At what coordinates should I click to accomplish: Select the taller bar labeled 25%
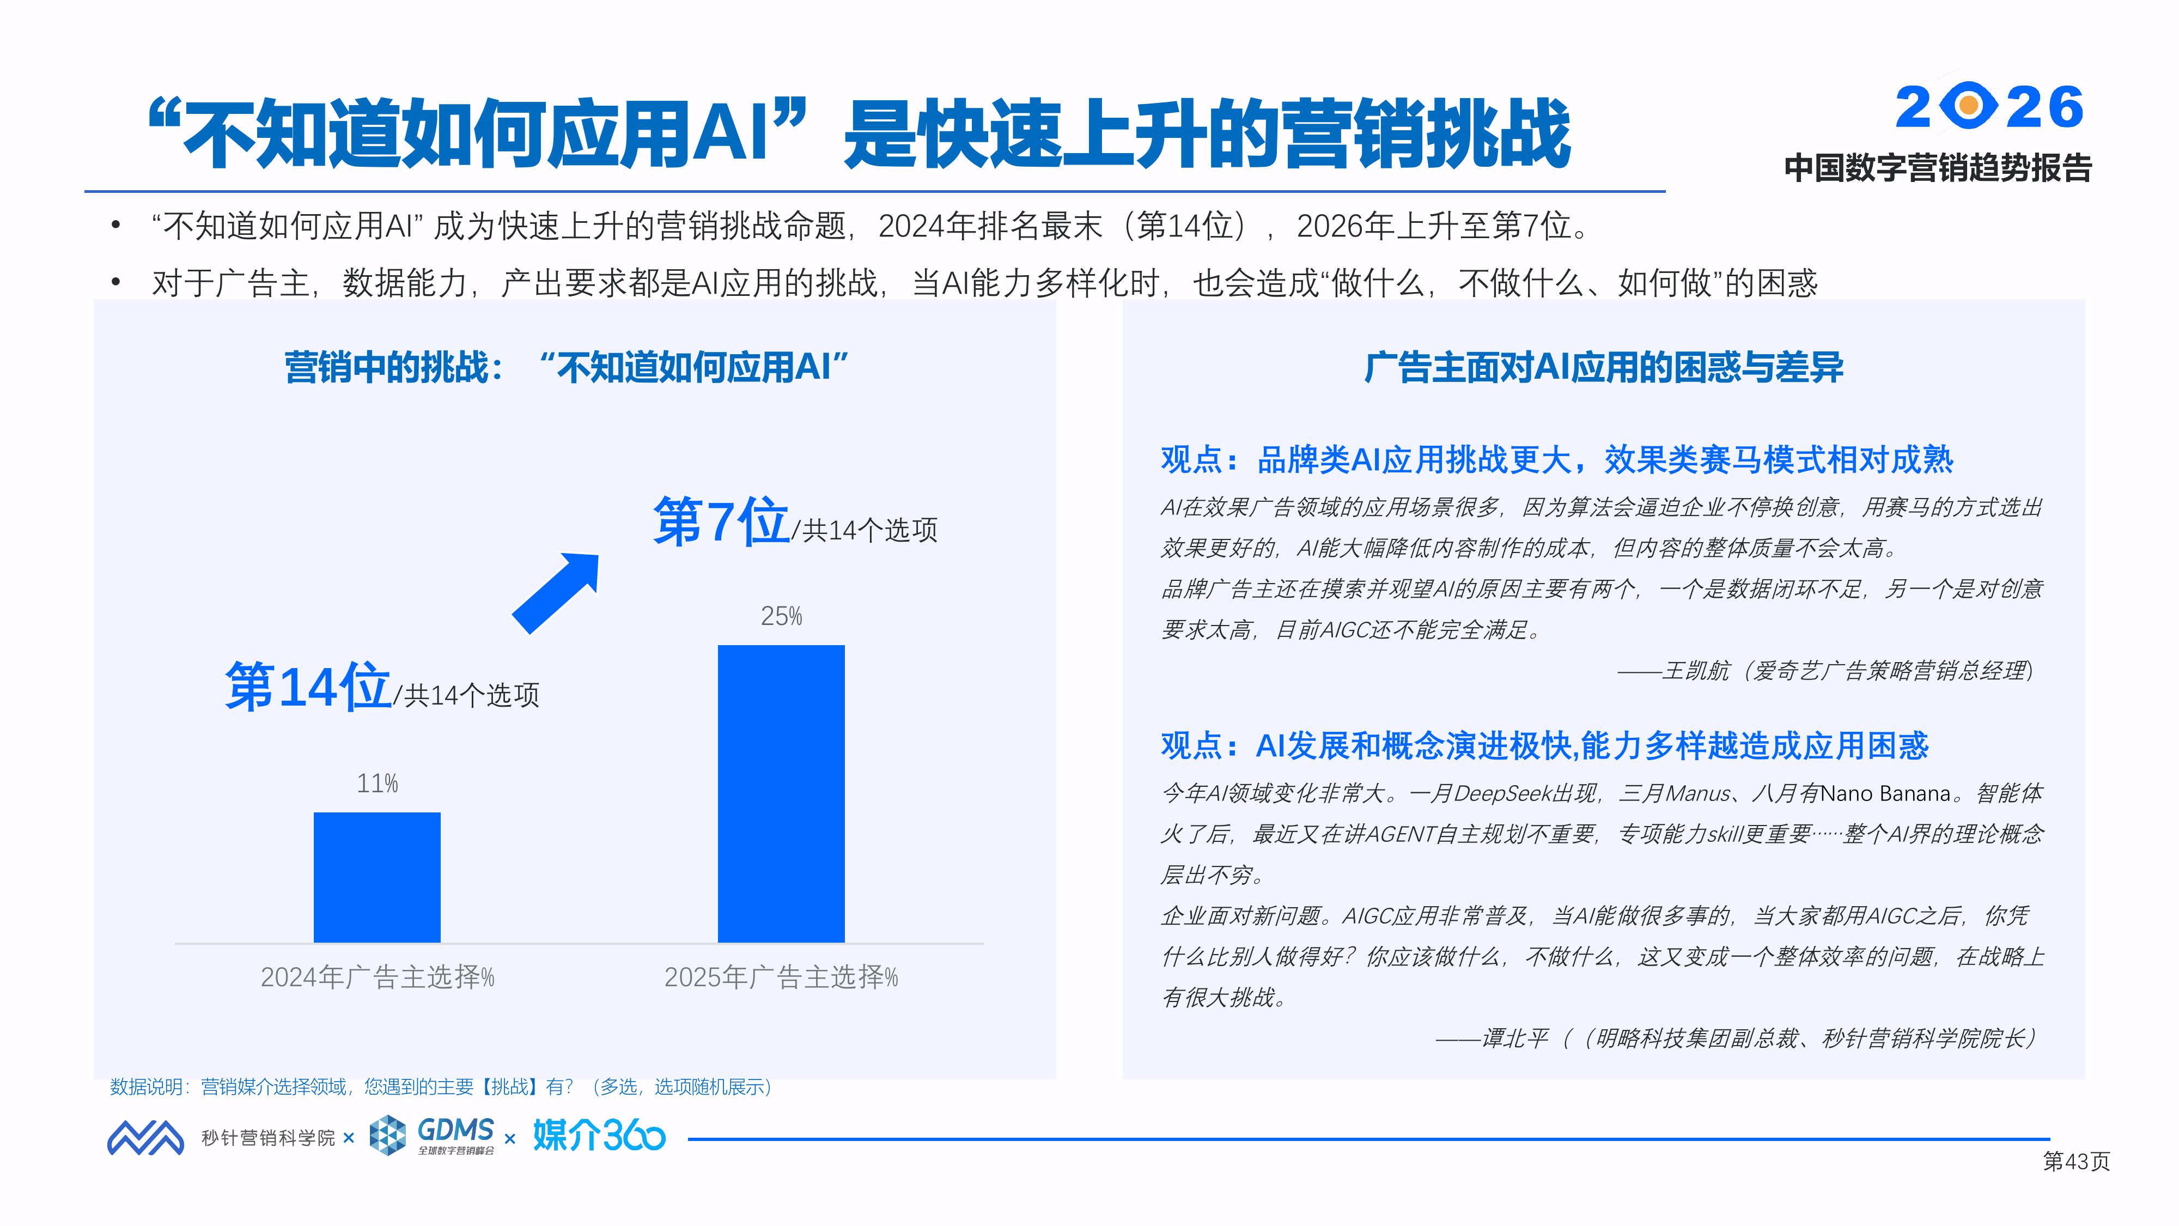[781, 794]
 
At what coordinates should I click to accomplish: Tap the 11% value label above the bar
[378, 784]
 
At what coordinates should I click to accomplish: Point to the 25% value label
[781, 616]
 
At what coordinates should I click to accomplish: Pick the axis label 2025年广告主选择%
[781, 977]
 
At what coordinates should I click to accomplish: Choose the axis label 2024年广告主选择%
[378, 977]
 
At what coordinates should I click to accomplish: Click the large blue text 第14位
[308, 686]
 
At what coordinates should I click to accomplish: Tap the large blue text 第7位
[721, 521]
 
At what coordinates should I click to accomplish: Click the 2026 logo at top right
[1989, 107]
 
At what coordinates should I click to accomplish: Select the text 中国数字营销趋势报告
[1938, 168]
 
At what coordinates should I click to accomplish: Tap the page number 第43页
[2076, 1162]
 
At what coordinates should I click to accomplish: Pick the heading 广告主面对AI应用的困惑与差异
[1604, 367]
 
